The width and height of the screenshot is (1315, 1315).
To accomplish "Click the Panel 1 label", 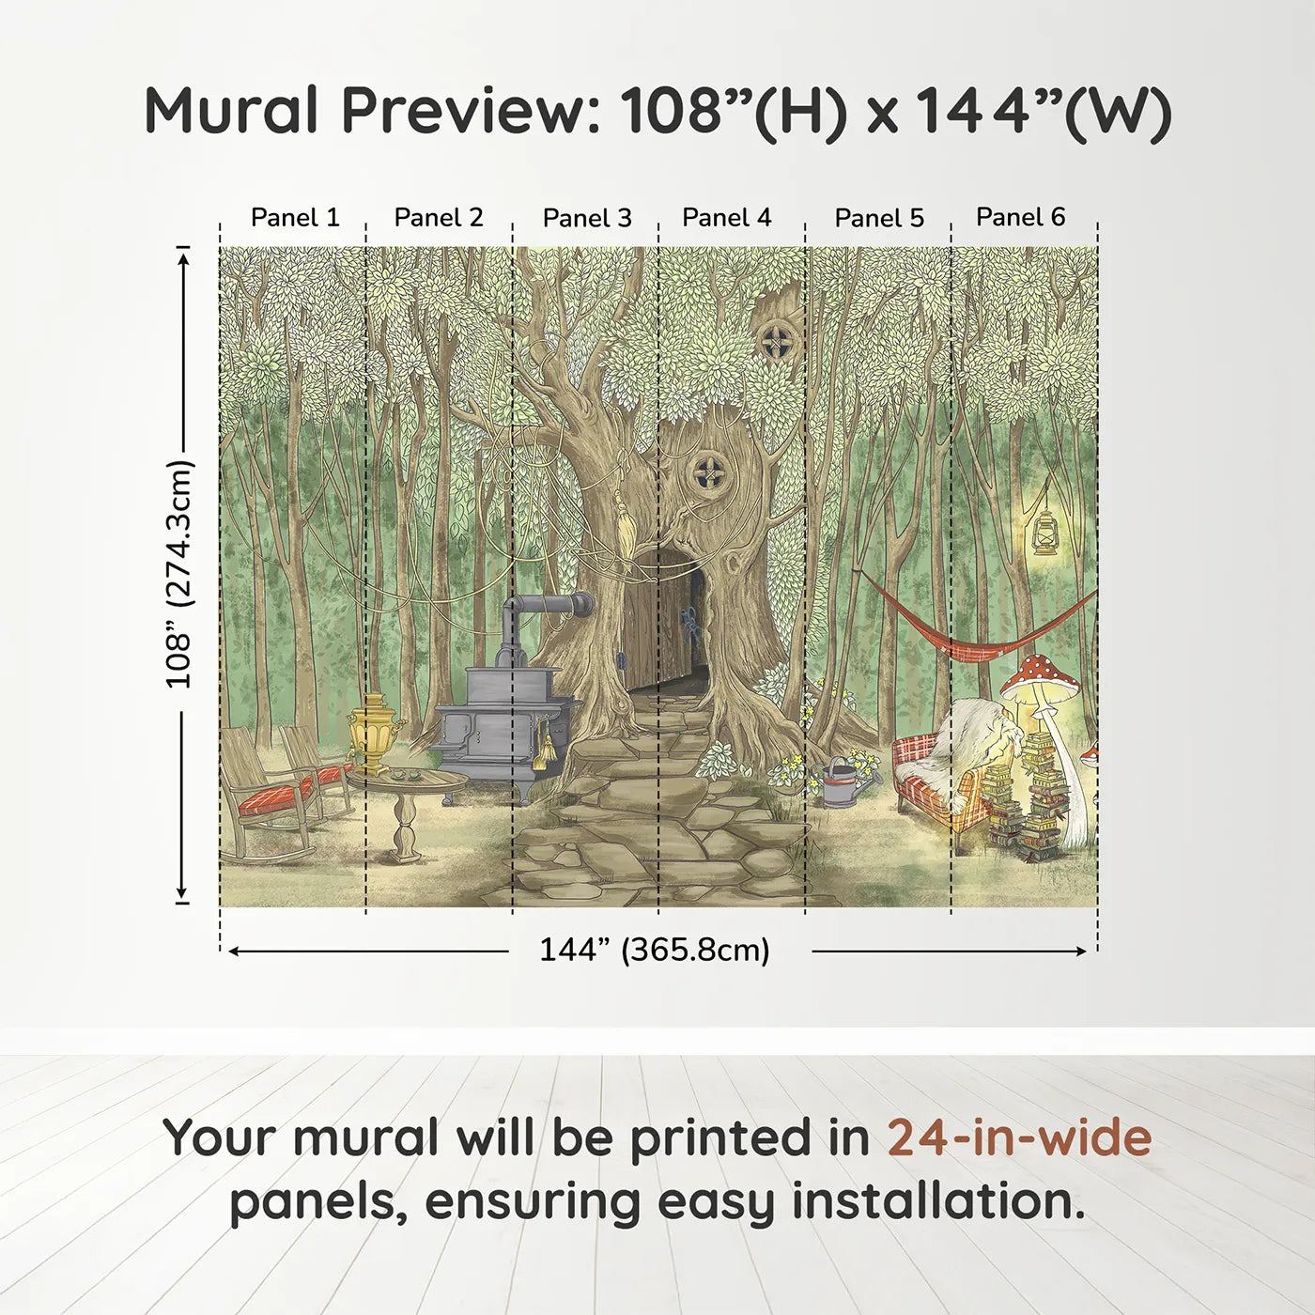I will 294,218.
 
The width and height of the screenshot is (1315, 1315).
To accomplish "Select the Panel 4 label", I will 726,218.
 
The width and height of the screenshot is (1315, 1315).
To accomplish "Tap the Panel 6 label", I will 1020,217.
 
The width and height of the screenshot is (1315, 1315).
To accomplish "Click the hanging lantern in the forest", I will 1044,534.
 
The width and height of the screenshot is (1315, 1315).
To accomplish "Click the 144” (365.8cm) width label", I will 654,951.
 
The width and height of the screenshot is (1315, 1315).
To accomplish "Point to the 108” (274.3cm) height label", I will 178,574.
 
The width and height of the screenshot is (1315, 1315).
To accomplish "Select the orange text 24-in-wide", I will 1019,1137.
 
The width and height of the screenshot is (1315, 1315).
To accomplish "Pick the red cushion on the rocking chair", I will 274,798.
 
